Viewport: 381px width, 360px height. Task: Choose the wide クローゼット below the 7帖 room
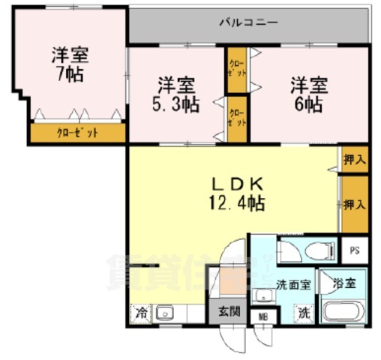click(x=77, y=133)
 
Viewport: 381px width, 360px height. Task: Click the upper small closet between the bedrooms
click(x=236, y=69)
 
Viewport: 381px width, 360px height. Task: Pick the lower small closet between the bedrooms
click(x=236, y=116)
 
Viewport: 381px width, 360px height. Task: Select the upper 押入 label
click(x=354, y=159)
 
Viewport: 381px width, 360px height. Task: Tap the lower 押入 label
click(x=354, y=203)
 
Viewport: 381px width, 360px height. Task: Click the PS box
click(x=354, y=250)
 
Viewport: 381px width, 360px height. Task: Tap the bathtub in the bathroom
click(x=343, y=311)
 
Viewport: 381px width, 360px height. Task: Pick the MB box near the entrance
click(x=262, y=316)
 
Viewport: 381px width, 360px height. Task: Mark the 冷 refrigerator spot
click(x=139, y=313)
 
